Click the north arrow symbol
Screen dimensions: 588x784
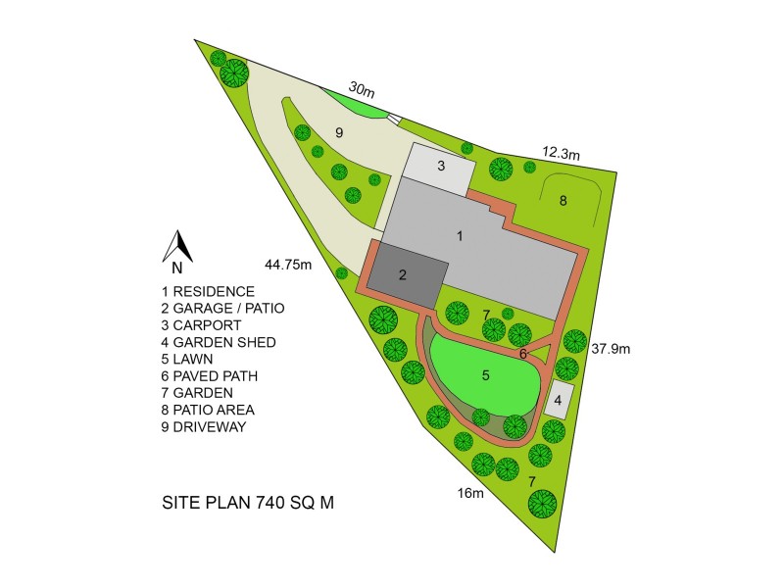pyautogui.click(x=176, y=247)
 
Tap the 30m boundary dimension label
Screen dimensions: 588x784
pyautogui.click(x=361, y=89)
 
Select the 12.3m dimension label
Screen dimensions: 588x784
pyautogui.click(x=562, y=153)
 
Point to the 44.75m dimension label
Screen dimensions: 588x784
pyautogui.click(x=288, y=264)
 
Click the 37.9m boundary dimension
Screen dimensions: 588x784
pyautogui.click(x=610, y=348)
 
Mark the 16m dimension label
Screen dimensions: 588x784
pyautogui.click(x=470, y=492)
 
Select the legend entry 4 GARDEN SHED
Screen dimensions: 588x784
pyautogui.click(x=219, y=342)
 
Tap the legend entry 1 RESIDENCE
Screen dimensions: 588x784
pyautogui.click(x=208, y=291)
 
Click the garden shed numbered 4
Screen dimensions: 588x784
pyautogui.click(x=557, y=400)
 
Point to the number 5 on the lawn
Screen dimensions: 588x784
pyautogui.click(x=484, y=373)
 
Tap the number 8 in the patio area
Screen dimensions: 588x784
pyautogui.click(x=563, y=201)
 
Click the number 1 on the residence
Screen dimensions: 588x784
pyautogui.click(x=459, y=235)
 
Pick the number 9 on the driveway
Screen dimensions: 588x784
pyautogui.click(x=338, y=131)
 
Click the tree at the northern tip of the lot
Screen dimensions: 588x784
pyautogui.click(x=235, y=72)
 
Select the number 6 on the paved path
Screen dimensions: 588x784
pyautogui.click(x=523, y=353)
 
